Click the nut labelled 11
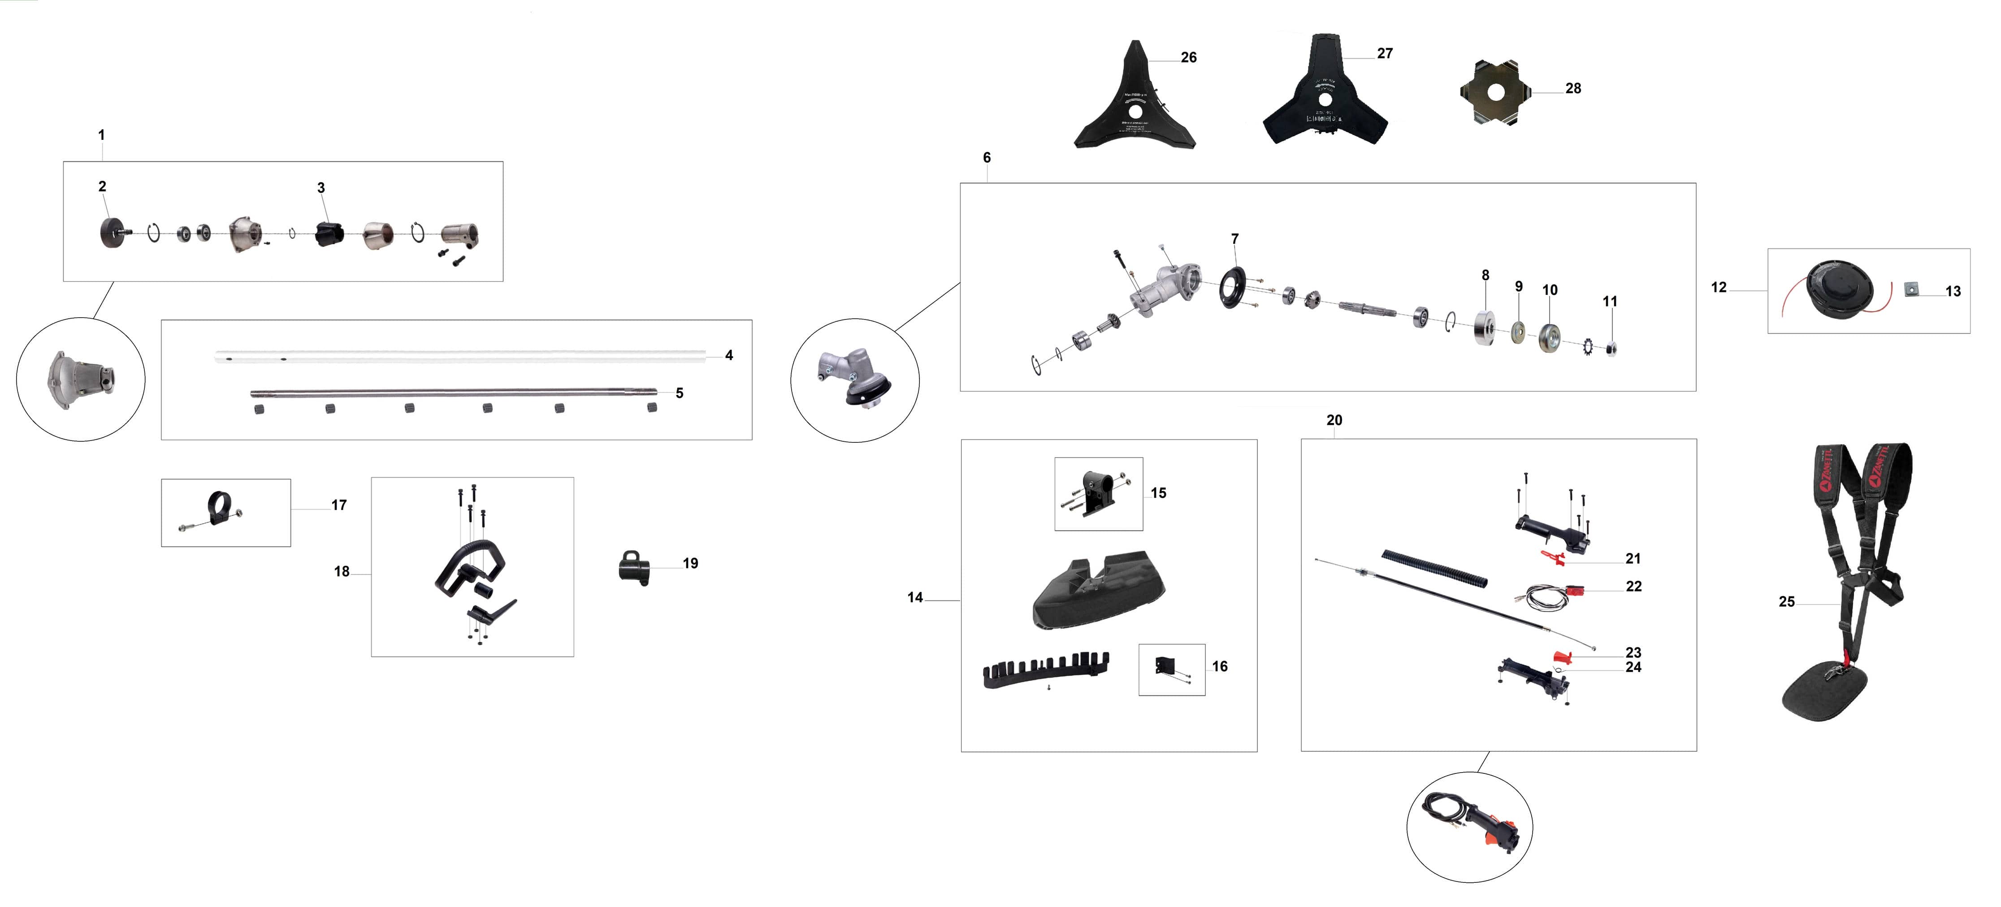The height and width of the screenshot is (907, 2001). pos(1610,348)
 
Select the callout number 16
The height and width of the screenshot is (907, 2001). pos(1220,666)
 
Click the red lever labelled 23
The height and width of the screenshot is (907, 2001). pos(1563,657)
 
